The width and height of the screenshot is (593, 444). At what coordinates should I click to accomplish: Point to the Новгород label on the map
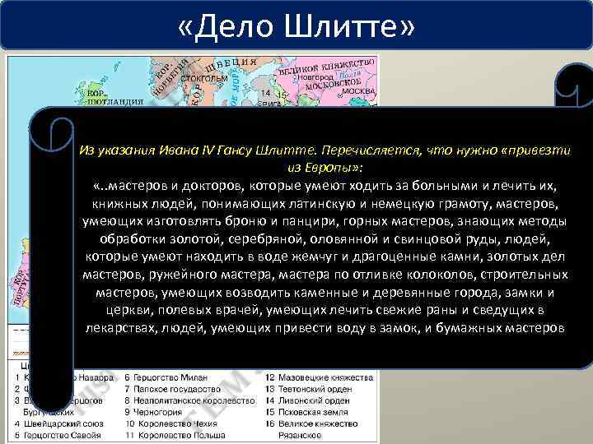(x=316, y=75)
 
